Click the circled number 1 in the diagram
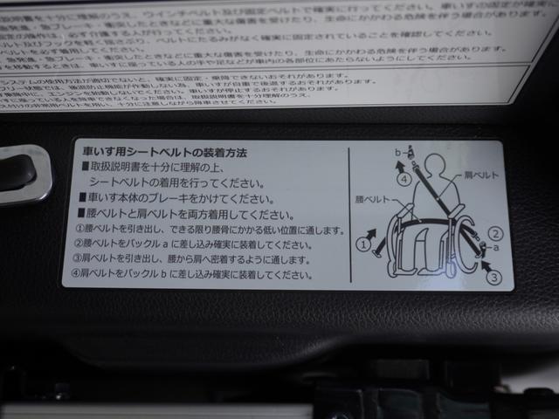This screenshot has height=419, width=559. click(x=363, y=244)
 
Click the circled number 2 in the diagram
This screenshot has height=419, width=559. click(x=495, y=233)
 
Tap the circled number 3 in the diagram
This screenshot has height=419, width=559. click(x=494, y=278)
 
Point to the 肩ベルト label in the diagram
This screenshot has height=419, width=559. click(x=481, y=175)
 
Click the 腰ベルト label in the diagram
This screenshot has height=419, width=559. click(x=371, y=200)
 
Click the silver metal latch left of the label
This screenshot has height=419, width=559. click(x=22, y=173)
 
